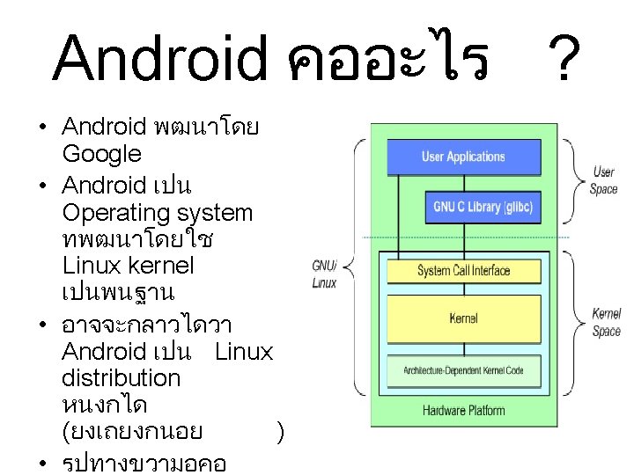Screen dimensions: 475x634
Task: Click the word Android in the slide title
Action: coord(159,59)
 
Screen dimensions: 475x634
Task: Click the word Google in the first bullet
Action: coord(101,155)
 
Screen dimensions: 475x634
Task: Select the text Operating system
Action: coord(158,213)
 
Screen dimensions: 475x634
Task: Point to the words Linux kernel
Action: coord(129,265)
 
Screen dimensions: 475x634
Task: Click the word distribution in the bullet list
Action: coord(122,378)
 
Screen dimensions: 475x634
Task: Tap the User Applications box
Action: coord(463,157)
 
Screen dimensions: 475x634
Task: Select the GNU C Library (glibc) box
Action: coord(483,208)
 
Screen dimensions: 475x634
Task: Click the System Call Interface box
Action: coord(463,271)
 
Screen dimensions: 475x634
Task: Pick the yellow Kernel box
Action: coord(463,318)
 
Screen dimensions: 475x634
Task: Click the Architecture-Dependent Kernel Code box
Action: coord(463,370)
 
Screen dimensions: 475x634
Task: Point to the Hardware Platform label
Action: coord(463,410)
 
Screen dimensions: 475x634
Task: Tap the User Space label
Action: coord(603,181)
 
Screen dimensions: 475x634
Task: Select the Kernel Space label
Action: coord(606,322)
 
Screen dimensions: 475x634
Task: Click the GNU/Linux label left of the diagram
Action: coord(324,274)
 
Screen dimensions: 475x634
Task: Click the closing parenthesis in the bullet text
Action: coord(279,432)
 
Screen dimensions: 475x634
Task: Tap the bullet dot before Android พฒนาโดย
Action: coord(42,128)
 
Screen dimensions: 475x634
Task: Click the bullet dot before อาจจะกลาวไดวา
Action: coord(42,325)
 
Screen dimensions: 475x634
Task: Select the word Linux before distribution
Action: coord(244,352)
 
